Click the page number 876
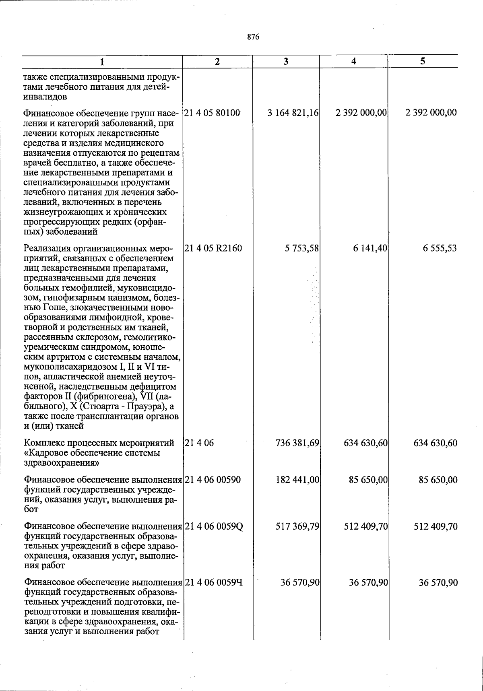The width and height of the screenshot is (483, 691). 253,37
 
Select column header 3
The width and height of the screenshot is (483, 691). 285,61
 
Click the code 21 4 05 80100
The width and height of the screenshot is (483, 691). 213,112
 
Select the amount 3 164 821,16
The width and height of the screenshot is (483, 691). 293,112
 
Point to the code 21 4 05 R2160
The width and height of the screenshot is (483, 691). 213,248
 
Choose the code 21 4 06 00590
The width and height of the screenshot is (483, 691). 213,480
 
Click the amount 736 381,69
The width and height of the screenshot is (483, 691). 297,443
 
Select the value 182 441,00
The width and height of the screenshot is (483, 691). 297,480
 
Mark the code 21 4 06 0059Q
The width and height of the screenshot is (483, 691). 214,526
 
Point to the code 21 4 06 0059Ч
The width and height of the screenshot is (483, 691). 214,582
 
